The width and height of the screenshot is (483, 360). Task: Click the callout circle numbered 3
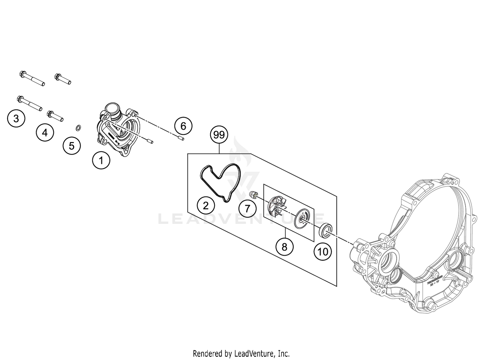pos(16,119)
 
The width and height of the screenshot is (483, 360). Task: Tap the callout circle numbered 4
pos(45,132)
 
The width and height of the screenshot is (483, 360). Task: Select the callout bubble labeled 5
pos(71,146)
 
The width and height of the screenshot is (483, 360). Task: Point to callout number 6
pos(183,126)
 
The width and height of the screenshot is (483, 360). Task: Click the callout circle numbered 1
pos(101,160)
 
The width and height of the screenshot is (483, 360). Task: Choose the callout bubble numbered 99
pos(219,135)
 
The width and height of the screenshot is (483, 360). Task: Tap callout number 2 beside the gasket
pos(206,205)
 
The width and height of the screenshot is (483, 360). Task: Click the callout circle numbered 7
pos(247,208)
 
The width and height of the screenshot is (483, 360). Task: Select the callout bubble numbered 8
pos(284,247)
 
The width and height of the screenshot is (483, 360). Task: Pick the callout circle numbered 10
pos(323,251)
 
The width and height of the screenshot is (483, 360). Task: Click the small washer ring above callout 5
pos(78,129)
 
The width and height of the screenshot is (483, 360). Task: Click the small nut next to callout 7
pos(253,194)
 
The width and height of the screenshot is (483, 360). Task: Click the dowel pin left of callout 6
pos(180,138)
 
